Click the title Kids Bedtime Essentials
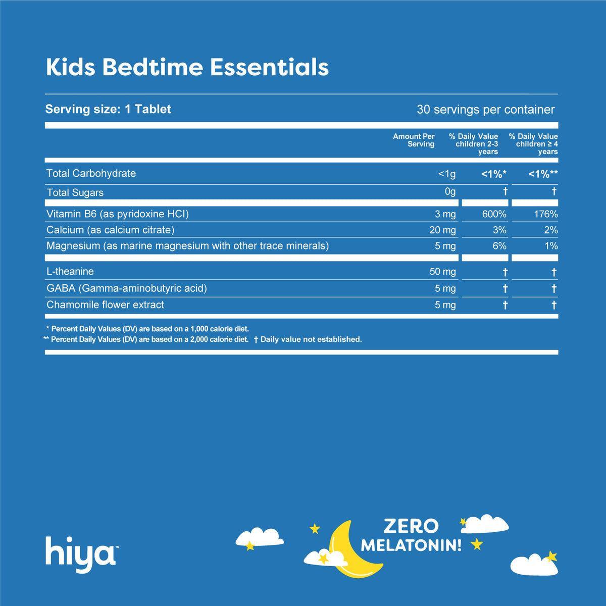(187, 67)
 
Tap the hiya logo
(81, 552)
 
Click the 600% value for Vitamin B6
(494, 214)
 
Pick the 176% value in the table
(546, 214)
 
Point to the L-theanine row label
(70, 272)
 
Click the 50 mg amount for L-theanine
(442, 272)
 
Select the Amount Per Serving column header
(414, 140)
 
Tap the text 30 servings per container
(485, 110)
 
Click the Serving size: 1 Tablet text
(108, 109)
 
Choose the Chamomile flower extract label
(105, 305)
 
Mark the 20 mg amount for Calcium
(442, 230)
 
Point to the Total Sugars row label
(75, 192)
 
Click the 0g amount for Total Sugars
(449, 192)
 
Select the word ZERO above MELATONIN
(411, 526)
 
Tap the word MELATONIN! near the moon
(411, 545)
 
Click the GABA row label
(126, 288)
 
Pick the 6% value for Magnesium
(499, 246)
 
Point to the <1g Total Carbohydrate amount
(447, 174)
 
